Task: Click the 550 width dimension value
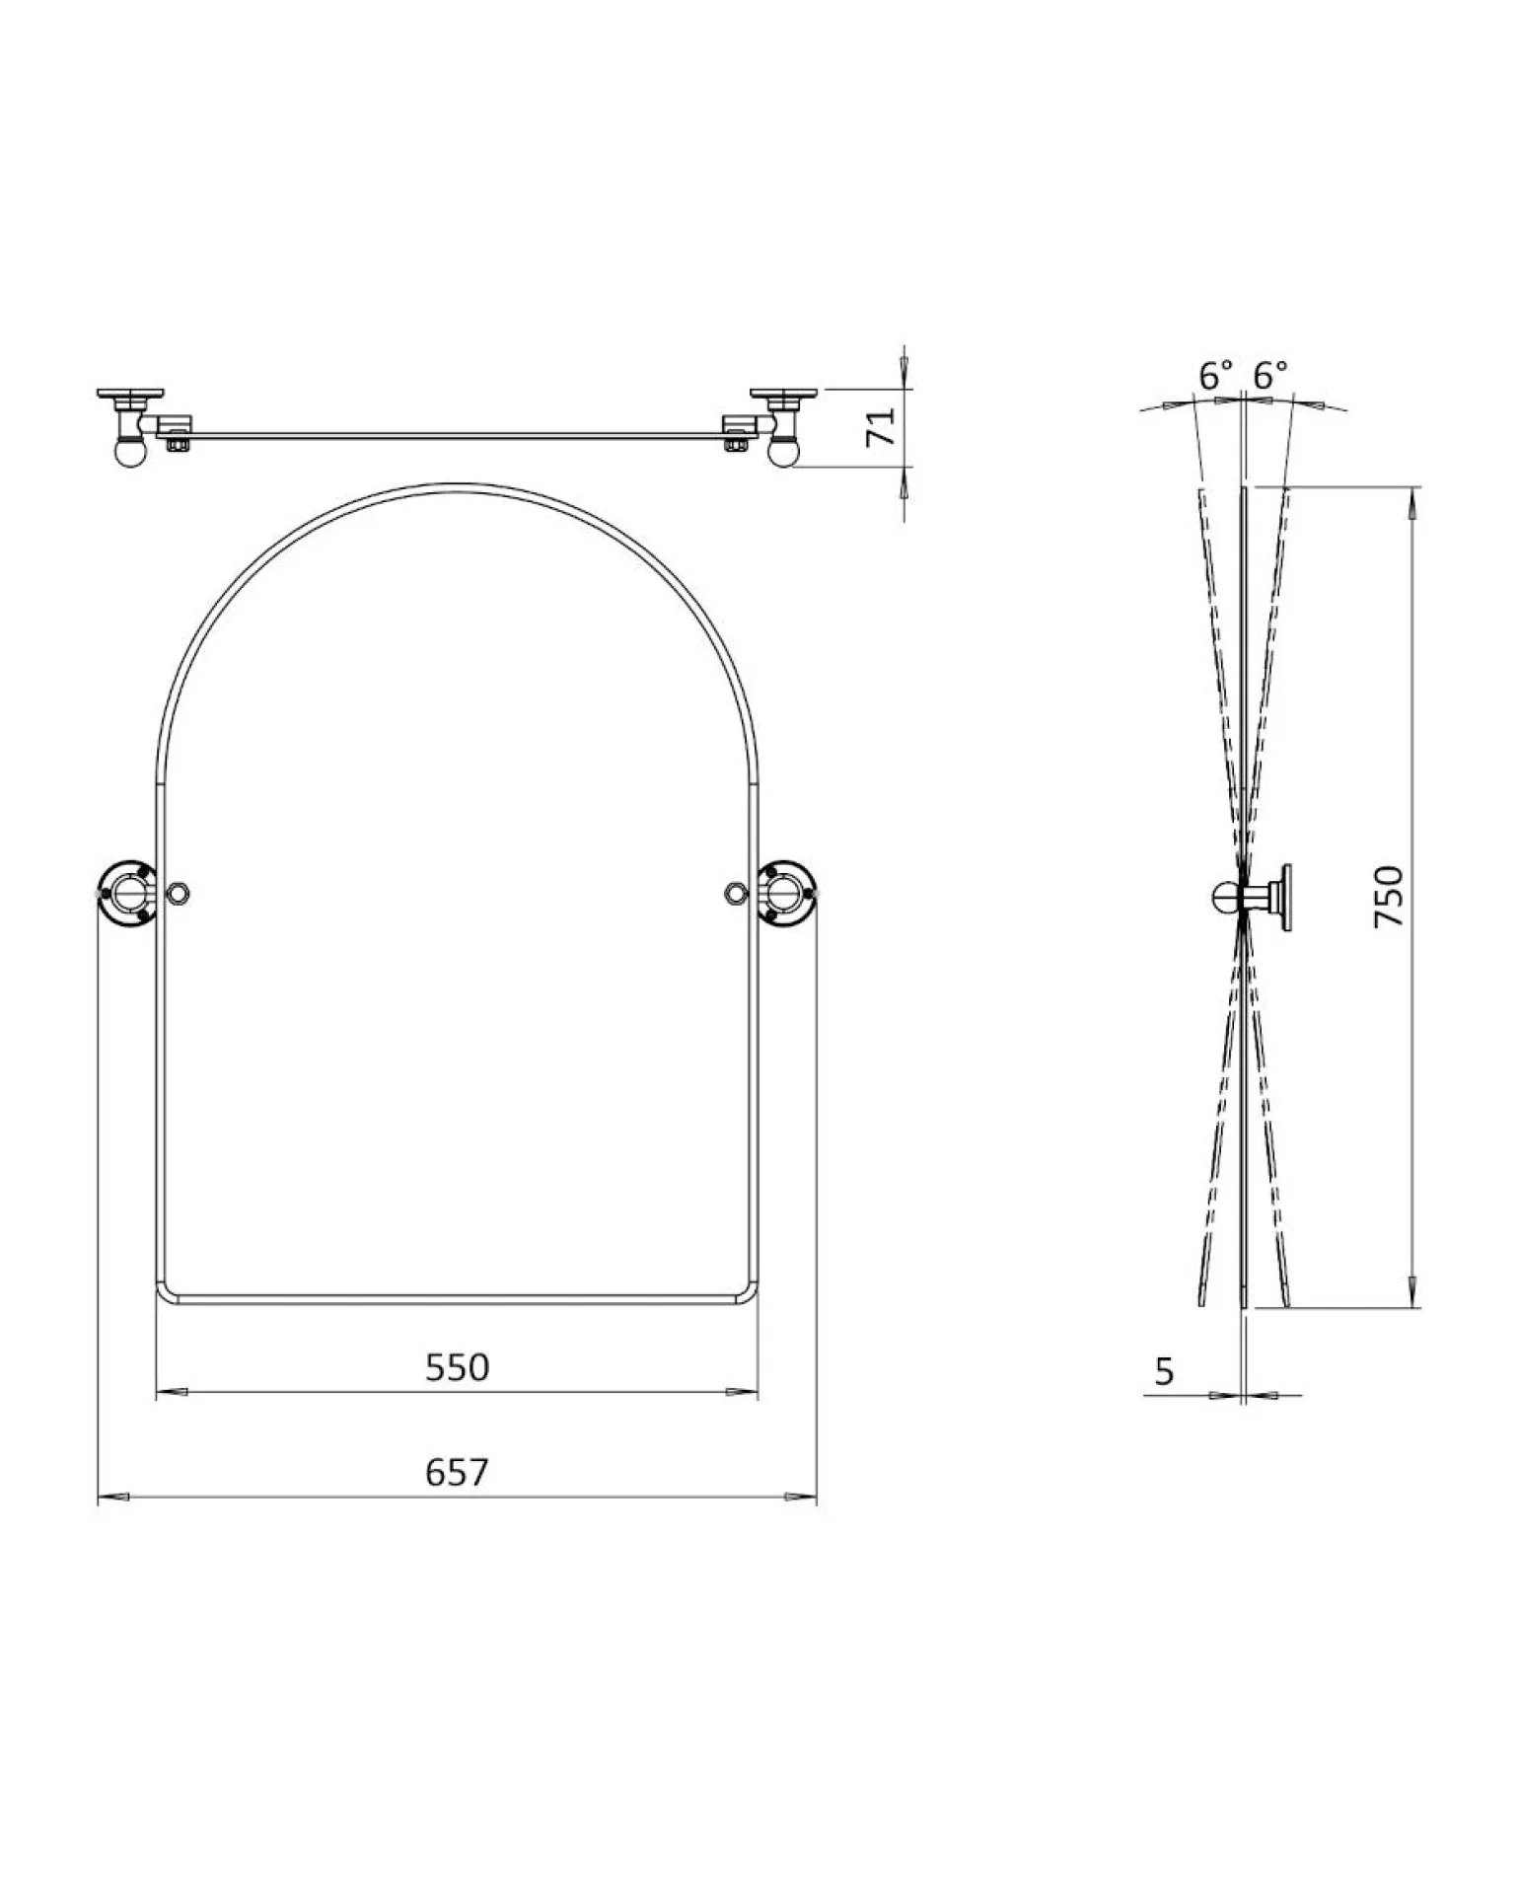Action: pos(457,1367)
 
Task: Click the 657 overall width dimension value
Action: pos(457,1472)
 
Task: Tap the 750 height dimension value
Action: pos(1389,895)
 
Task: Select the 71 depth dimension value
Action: pos(880,427)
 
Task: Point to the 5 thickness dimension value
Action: pos(1164,1371)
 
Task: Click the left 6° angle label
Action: pos(1216,375)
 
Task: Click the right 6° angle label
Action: pos(1270,375)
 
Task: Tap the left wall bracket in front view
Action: pos(127,894)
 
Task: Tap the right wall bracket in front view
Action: pos(787,894)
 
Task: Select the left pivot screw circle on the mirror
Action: pos(179,894)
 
